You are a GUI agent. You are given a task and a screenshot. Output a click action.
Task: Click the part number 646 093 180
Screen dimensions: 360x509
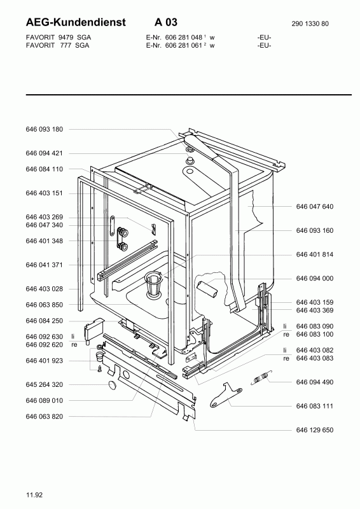coord(44,129)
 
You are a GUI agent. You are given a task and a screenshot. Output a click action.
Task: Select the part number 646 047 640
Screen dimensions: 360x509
coord(315,206)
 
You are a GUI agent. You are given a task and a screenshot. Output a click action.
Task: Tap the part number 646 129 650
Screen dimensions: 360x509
coord(315,430)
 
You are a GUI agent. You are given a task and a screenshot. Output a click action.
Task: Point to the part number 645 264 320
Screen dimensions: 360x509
coord(44,384)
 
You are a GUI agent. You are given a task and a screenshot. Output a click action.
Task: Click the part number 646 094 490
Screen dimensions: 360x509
coord(315,382)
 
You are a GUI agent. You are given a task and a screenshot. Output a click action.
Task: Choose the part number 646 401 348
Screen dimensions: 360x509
coord(44,241)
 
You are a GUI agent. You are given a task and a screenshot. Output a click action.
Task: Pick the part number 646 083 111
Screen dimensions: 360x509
coord(315,406)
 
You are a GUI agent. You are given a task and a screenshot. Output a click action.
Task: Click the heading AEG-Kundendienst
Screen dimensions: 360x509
coord(76,22)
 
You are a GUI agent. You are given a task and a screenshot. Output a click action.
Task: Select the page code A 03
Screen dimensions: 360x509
coord(166,22)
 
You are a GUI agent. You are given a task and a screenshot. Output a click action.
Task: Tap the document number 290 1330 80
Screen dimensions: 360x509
coord(310,24)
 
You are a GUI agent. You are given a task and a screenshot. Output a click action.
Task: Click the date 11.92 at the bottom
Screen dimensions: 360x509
coord(34,495)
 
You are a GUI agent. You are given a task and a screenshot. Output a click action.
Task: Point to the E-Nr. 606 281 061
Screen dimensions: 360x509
coord(174,45)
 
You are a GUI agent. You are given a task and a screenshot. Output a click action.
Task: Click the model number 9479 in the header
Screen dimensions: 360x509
coord(66,38)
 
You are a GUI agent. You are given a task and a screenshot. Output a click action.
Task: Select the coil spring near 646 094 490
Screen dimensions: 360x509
coord(261,377)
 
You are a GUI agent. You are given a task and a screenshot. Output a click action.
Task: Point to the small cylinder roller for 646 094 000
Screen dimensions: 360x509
coord(207,289)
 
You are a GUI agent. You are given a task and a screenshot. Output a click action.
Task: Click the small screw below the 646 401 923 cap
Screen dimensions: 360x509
coord(100,369)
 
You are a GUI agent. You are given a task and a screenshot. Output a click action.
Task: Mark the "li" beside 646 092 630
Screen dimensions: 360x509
coord(73,337)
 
